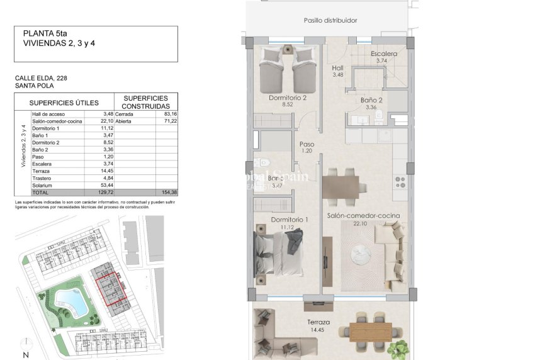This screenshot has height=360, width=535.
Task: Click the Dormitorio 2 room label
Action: pyautogui.click(x=288, y=98)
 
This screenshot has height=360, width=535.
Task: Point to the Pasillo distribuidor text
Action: pyautogui.click(x=330, y=20)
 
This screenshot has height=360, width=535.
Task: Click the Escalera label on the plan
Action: pyautogui.click(x=383, y=53)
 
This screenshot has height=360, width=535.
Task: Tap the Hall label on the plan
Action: pyautogui.click(x=337, y=67)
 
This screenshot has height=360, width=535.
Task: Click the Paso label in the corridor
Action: pyautogui.click(x=307, y=143)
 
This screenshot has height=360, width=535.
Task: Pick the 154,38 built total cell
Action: pyautogui.click(x=169, y=192)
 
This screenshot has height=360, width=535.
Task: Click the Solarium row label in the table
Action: pyautogui.click(x=43, y=185)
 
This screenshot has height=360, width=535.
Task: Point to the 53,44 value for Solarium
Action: pyautogui.click(x=106, y=185)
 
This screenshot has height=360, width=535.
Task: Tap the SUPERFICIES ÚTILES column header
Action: pyautogui.click(x=64, y=102)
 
